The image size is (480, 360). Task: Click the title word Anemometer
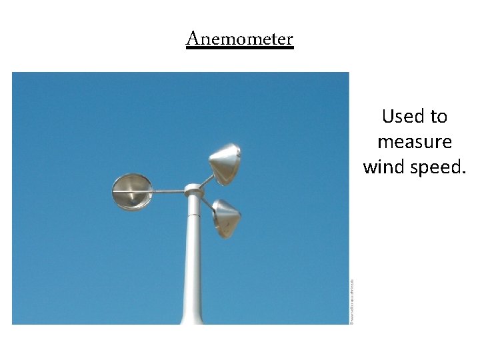[x=239, y=39]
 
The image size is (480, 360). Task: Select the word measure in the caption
[x=414, y=142]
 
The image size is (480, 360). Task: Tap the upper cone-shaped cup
[x=225, y=163]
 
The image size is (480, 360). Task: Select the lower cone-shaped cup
[x=227, y=216]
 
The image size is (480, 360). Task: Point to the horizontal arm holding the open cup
[x=167, y=192]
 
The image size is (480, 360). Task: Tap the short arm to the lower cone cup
[x=207, y=204]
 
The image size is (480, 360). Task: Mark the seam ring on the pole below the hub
[x=193, y=215]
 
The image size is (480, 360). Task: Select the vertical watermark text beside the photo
[x=352, y=301]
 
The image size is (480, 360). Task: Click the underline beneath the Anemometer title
[x=239, y=47]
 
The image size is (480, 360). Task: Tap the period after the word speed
[x=462, y=171]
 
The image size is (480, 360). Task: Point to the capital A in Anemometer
[x=193, y=39]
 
